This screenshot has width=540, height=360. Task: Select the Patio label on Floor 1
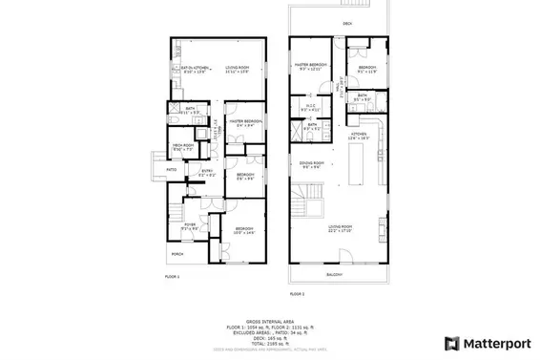pos(172,170)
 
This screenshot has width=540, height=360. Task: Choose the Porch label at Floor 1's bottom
pos(177,254)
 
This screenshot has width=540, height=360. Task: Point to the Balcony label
pos(335,275)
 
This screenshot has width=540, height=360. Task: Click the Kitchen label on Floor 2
pos(360,135)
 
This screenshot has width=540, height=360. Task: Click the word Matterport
pos(496,342)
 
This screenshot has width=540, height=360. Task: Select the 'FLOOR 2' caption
pos(299,294)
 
